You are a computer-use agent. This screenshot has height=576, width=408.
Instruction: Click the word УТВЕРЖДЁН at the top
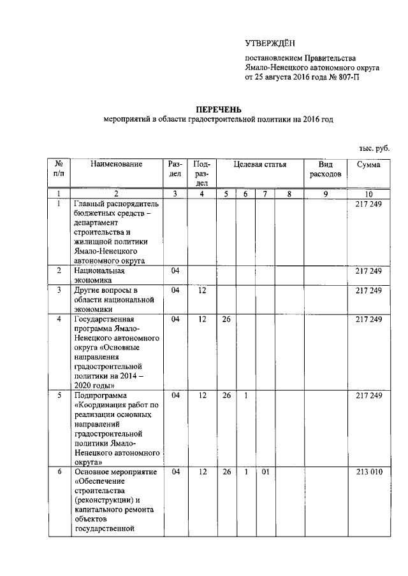pyautogui.click(x=268, y=43)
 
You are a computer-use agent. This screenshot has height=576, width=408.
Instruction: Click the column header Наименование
pyautogui.click(x=116, y=165)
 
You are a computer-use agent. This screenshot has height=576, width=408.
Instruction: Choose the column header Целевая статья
pyautogui.click(x=259, y=165)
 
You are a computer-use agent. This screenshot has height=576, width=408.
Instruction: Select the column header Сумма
pyautogui.click(x=368, y=165)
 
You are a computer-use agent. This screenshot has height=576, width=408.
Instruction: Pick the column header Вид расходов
pyautogui.click(x=326, y=169)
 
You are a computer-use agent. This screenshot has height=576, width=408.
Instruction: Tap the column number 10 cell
pyautogui.click(x=368, y=193)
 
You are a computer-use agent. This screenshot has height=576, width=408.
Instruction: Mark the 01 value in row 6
pyautogui.click(x=265, y=473)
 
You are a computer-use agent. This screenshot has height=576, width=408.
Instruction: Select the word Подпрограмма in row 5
pyautogui.click(x=101, y=395)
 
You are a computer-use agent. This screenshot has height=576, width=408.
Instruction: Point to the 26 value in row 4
pyautogui.click(x=226, y=320)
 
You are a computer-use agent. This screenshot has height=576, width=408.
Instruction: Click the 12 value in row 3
pyautogui.click(x=202, y=291)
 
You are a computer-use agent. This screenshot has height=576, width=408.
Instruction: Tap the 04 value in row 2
pyautogui.click(x=175, y=270)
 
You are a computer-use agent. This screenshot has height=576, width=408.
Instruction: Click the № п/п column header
pyautogui.click(x=58, y=169)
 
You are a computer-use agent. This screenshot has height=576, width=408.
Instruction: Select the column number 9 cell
pyautogui.click(x=325, y=193)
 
